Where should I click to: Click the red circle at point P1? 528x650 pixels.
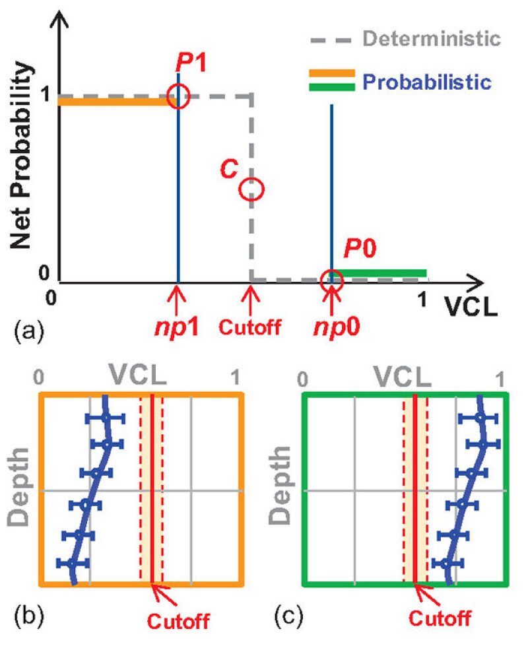178,96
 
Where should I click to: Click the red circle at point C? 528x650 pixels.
251,189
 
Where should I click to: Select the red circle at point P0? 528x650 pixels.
331,280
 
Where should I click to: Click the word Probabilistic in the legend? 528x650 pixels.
426,82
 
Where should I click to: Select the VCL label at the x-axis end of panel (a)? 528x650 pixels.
471,307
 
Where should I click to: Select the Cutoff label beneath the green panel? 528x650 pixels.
440,618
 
